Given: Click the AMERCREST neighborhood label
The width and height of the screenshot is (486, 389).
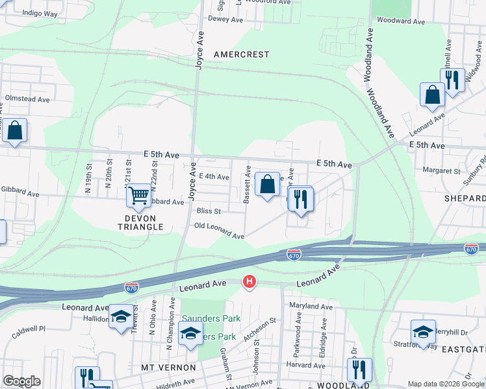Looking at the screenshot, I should tap(240, 54).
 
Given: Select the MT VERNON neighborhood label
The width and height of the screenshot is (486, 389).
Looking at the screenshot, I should tap(168, 368).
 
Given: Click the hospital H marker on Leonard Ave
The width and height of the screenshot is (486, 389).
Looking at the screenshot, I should tap(249, 281).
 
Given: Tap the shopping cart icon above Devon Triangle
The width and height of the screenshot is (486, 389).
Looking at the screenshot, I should tap(138, 194).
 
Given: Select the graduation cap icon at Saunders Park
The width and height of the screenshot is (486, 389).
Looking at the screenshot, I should tap(190, 334).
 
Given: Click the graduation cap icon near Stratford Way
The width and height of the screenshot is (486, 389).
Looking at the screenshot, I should tap(422, 332).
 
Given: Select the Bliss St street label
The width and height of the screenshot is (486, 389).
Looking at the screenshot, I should tap(209, 211).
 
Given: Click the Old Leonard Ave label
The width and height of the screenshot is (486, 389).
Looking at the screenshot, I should tap(219, 231).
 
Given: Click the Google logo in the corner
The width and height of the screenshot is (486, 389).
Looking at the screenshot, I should tap(21, 381).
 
